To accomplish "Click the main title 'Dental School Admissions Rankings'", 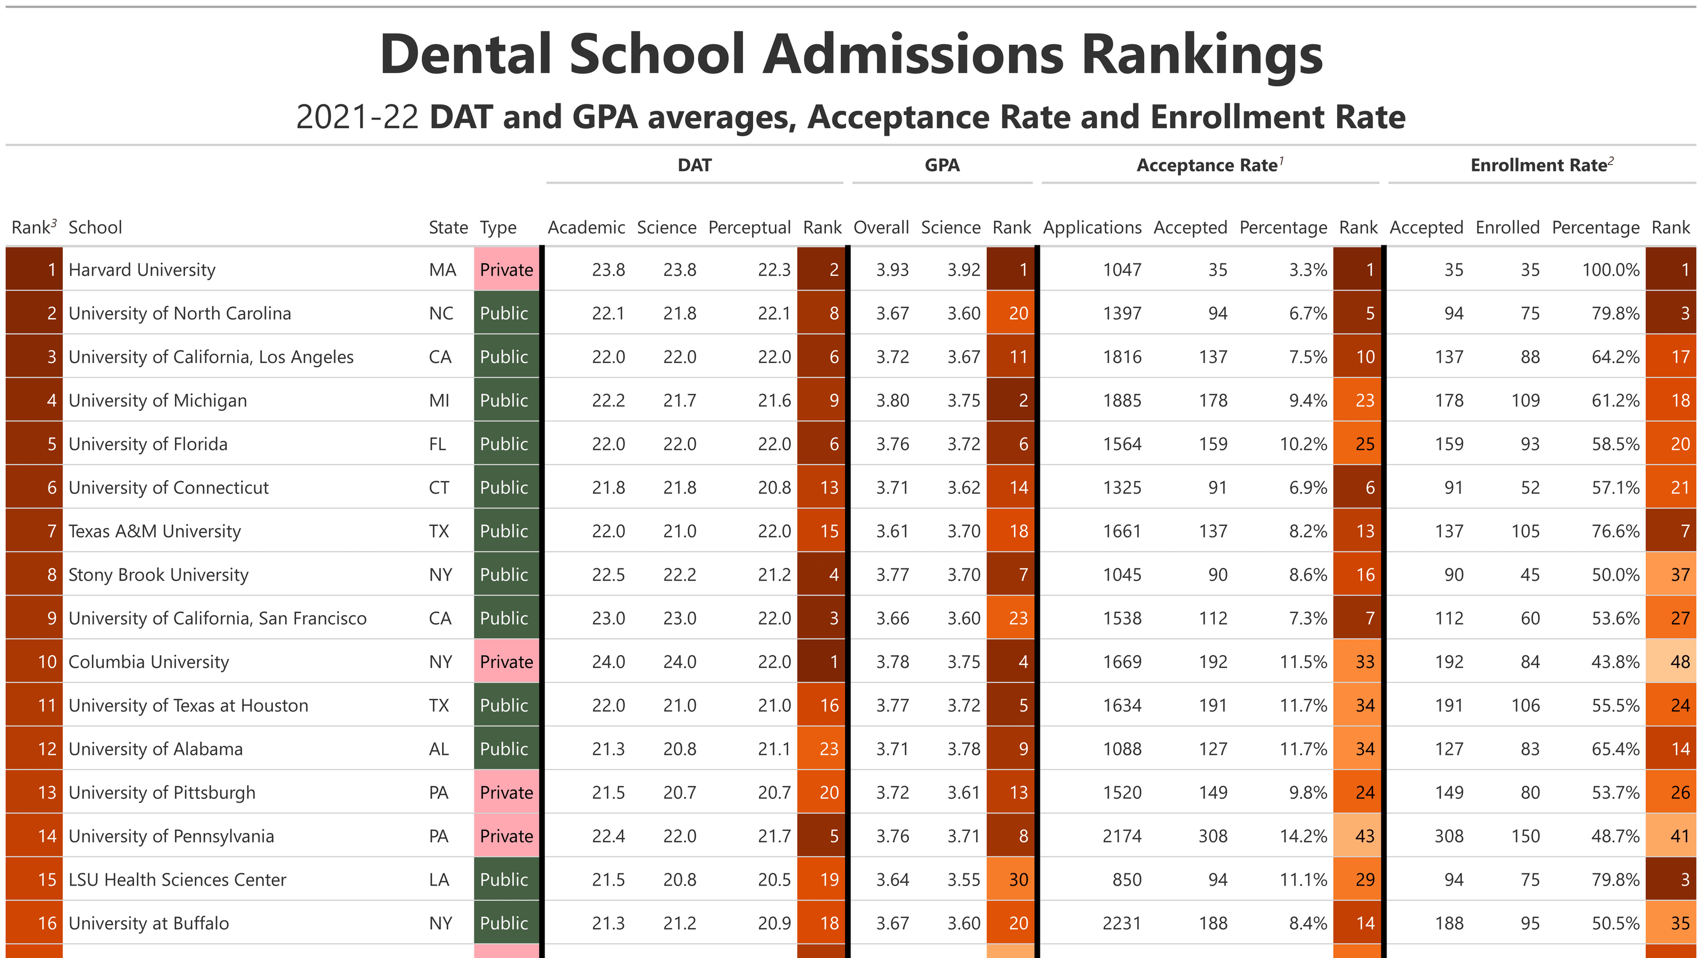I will pyautogui.click(x=851, y=54).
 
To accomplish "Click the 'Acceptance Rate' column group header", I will pyautogui.click(x=1209, y=166).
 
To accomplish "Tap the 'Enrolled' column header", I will pyautogui.click(x=1507, y=227).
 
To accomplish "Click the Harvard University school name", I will pyautogui.click(x=142, y=270).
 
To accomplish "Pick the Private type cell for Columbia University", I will pyautogui.click(x=506, y=662).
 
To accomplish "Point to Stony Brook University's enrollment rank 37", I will pyautogui.click(x=1679, y=575).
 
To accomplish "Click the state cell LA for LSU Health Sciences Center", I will pyautogui.click(x=439, y=880).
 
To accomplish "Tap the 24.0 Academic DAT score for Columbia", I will pyautogui.click(x=608, y=662).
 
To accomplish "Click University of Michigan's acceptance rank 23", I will pyautogui.click(x=1364, y=401).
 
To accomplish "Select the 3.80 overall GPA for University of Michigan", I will pyautogui.click(x=892, y=401).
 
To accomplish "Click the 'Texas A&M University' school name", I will pyautogui.click(x=155, y=532).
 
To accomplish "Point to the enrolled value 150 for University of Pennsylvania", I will pyautogui.click(x=1525, y=836).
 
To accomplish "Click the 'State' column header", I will pyautogui.click(x=448, y=227).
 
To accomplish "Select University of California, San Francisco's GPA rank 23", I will pyautogui.click(x=1017, y=618).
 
